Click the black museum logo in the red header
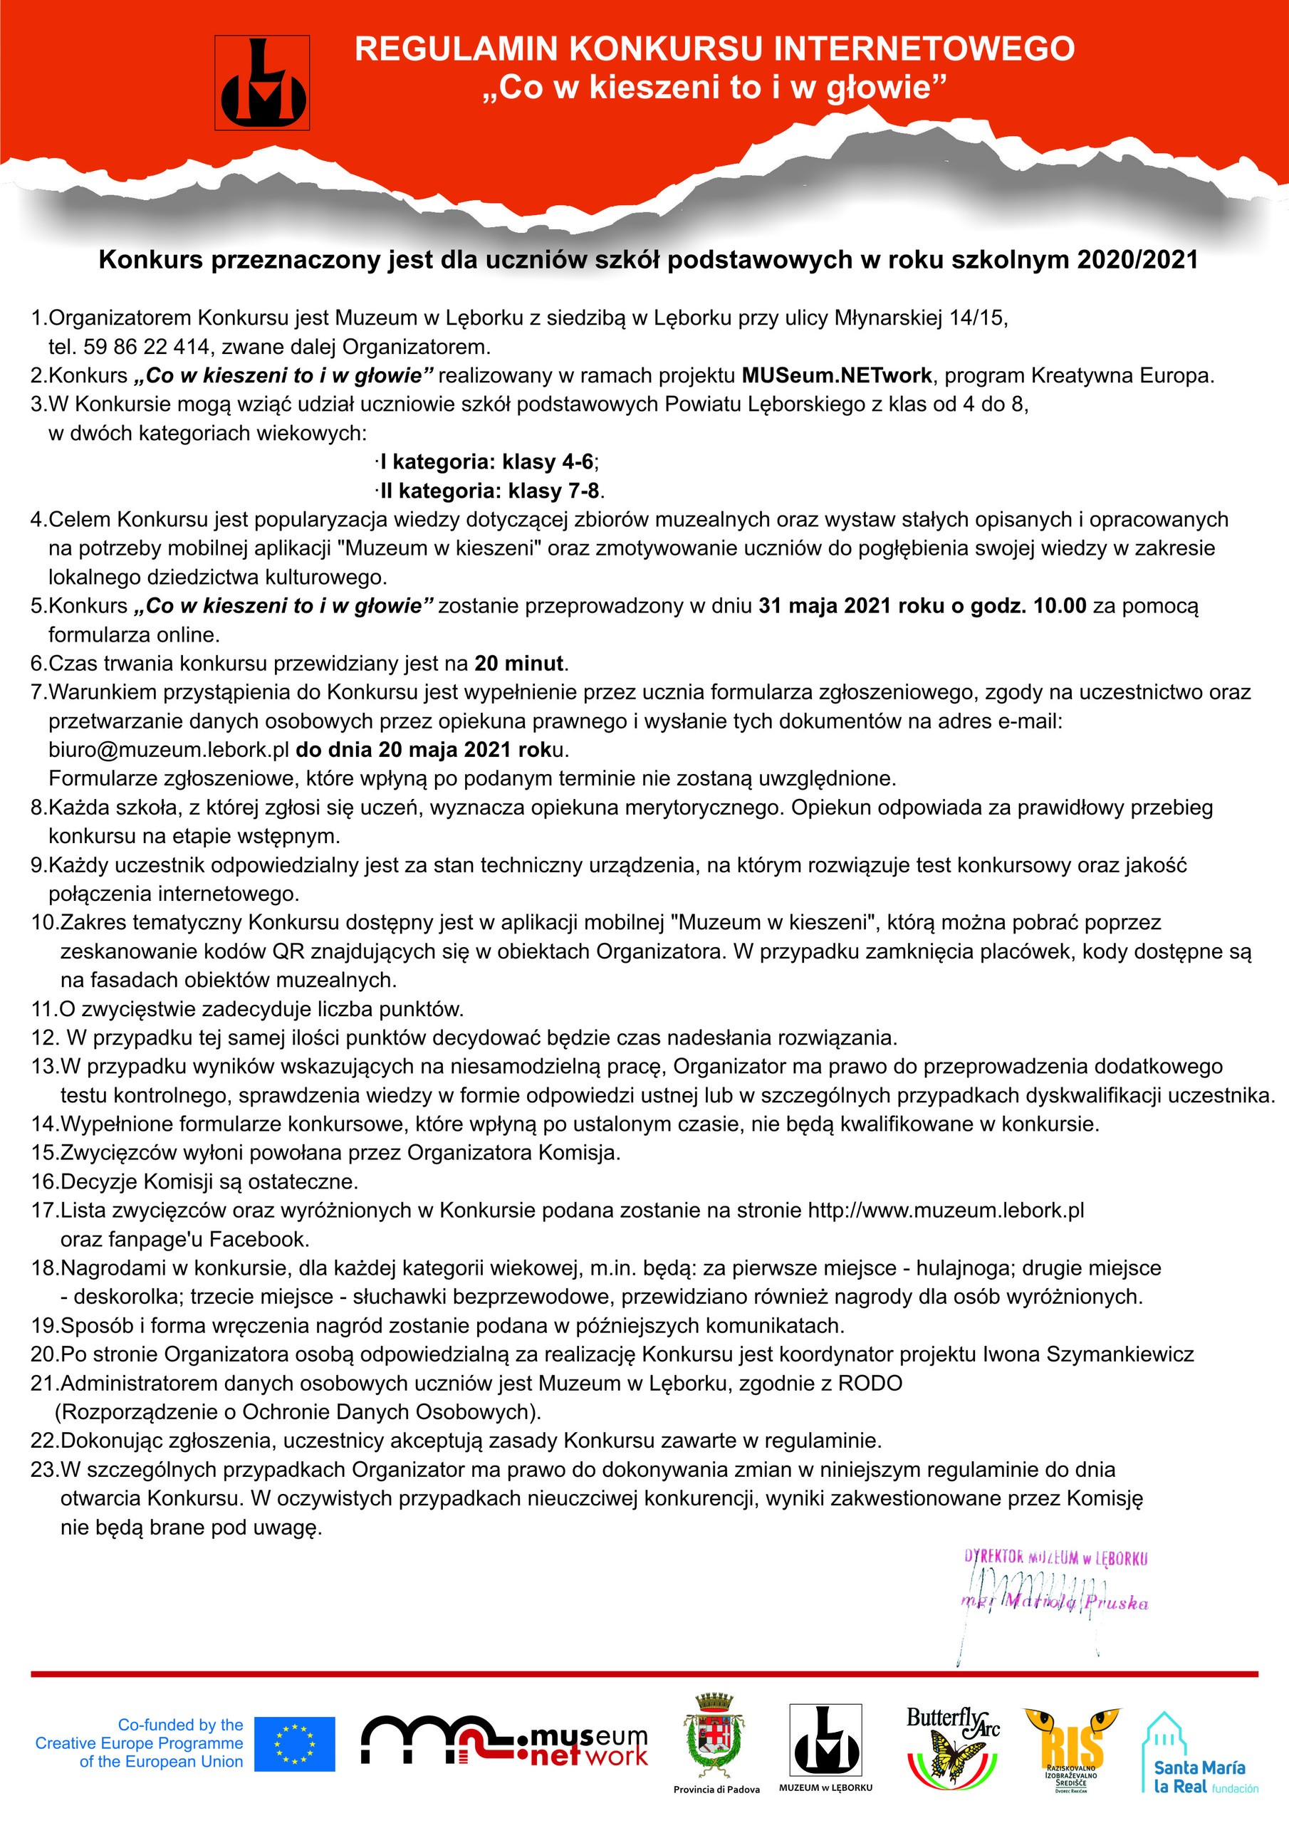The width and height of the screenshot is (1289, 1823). click(x=262, y=83)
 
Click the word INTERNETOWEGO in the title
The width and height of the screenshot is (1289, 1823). click(x=924, y=49)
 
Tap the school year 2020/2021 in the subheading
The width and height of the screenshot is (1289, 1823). click(x=1137, y=261)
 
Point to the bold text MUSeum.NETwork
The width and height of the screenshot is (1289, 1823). click(x=836, y=375)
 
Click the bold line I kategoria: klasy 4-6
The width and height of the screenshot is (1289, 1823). click(x=487, y=461)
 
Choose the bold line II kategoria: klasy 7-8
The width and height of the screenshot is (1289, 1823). click(x=490, y=491)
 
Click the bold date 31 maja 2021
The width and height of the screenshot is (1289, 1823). click(x=825, y=606)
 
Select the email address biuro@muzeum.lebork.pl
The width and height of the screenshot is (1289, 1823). click(x=168, y=750)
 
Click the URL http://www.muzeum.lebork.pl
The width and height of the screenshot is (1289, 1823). click(x=945, y=1210)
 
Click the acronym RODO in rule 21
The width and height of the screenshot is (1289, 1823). click(x=870, y=1383)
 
